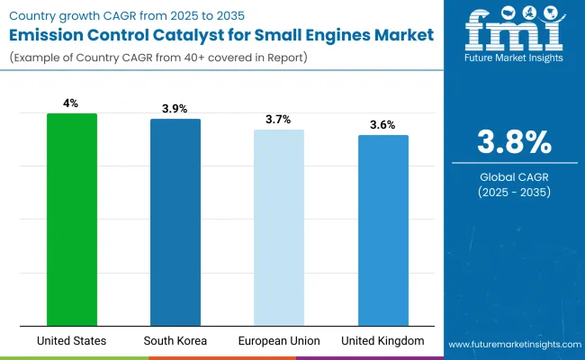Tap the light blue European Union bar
(279, 227)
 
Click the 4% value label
(72, 103)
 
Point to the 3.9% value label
(175, 109)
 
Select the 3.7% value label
(279, 120)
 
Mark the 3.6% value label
(382, 125)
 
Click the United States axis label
(72, 341)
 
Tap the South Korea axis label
(175, 341)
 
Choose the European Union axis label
(279, 341)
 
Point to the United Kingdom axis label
(382, 341)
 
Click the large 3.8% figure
(513, 143)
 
